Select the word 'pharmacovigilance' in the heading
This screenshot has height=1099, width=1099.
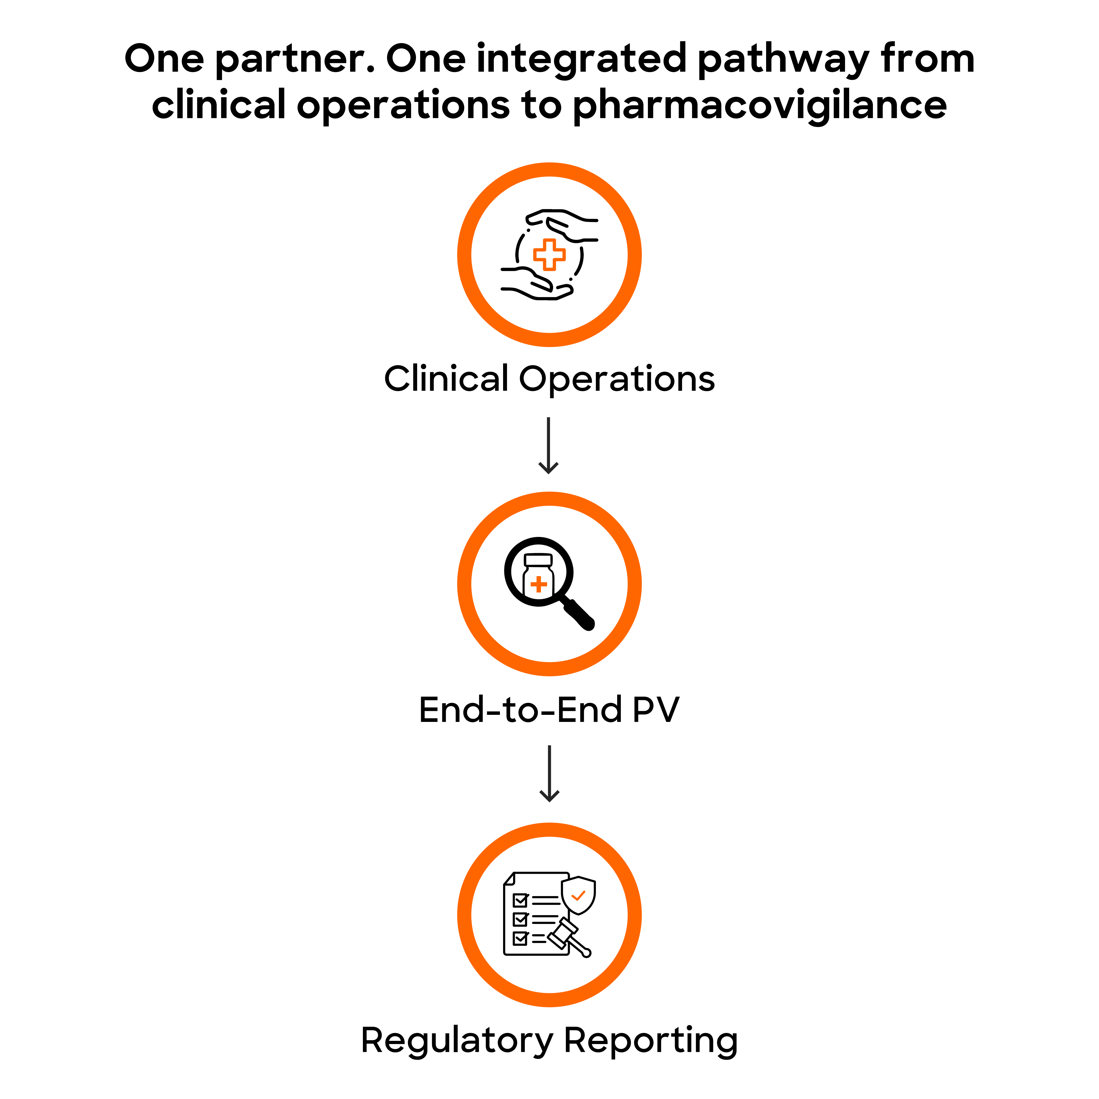(x=759, y=106)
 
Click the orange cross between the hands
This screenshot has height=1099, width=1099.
(x=549, y=254)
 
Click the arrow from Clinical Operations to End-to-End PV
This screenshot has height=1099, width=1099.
(x=548, y=445)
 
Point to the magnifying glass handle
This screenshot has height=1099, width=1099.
(x=579, y=614)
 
